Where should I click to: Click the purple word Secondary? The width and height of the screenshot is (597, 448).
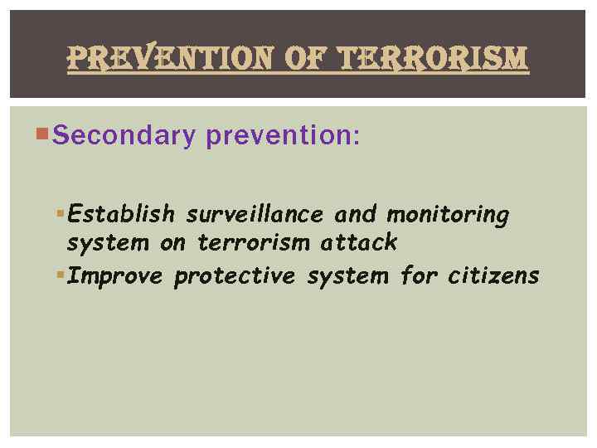123,136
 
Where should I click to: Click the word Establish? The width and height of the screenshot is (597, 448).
121,215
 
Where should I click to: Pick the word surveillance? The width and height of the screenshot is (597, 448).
256,215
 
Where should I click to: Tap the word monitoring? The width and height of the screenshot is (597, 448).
448,215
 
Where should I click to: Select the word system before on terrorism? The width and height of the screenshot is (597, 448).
107,243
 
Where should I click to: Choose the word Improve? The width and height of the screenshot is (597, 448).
116,275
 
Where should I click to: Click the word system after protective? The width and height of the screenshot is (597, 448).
347,275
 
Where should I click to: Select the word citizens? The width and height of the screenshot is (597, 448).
494,275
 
